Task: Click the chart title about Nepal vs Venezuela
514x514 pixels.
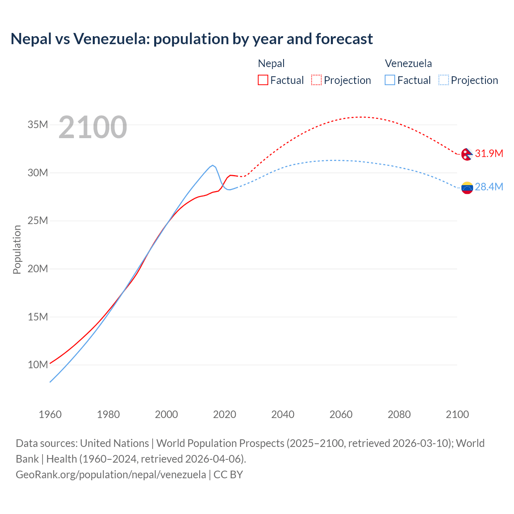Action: point(192,39)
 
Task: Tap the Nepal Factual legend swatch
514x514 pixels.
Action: point(263,80)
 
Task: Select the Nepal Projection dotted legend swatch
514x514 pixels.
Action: point(316,80)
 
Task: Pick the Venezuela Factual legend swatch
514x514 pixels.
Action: point(390,80)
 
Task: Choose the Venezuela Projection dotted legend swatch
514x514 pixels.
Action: point(443,80)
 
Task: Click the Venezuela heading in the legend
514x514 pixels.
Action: point(408,63)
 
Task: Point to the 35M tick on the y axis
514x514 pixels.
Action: point(38,125)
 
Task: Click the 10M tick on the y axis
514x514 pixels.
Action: point(38,365)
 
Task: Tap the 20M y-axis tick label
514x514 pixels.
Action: point(38,269)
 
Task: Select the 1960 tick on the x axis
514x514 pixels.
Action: point(50,414)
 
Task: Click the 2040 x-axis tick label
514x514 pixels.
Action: point(283,414)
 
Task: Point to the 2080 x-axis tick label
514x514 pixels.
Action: point(399,414)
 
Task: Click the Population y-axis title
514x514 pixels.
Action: point(17,249)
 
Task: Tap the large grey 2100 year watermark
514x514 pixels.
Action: point(93,127)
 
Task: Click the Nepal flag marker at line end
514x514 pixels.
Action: point(467,154)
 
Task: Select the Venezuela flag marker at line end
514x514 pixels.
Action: point(467,188)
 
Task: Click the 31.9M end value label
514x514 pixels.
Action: point(489,153)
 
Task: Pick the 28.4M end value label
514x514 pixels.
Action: point(489,187)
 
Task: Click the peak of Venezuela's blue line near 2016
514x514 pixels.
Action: point(212,165)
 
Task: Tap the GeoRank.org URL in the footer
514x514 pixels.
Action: point(111,474)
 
